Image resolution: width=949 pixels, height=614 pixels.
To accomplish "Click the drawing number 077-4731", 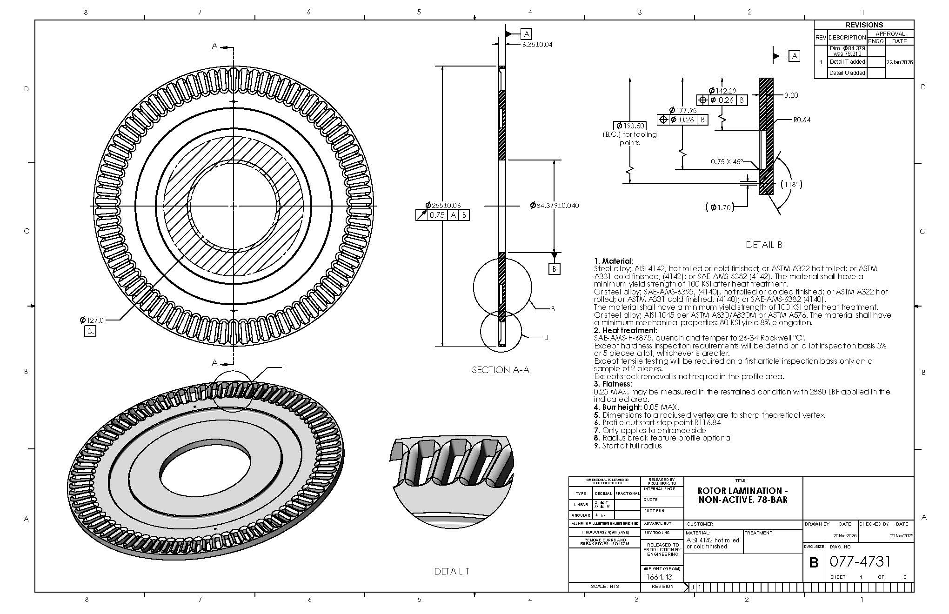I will point(860,561).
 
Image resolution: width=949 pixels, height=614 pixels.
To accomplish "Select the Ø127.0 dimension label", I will point(92,320).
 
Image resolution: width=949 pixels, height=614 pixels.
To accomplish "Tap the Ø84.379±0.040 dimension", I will point(555,206).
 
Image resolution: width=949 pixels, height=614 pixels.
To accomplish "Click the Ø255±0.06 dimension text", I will point(443,206).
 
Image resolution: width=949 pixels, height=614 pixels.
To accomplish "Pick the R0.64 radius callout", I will point(802,120).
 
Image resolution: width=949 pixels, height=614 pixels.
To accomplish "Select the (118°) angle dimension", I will point(791,184).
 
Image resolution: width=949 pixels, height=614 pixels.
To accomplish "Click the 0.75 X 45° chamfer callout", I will point(726,162).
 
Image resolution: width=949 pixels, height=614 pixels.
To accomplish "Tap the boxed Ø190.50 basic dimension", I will point(630,126).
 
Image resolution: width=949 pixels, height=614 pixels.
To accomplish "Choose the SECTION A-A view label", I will point(500,370).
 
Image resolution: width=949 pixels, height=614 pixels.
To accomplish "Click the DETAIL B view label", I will point(764,245).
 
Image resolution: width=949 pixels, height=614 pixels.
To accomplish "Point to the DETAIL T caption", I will point(451,571).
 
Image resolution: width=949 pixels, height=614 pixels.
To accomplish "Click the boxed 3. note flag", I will point(90,332).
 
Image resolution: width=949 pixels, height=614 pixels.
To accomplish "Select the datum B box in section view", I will point(554,269).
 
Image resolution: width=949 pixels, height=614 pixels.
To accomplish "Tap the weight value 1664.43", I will point(659,577).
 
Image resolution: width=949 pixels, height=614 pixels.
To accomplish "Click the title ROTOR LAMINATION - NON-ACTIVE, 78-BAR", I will point(743,495).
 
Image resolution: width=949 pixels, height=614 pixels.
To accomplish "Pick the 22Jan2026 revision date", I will point(900,62).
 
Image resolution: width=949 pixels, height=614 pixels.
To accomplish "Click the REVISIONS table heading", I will point(864,25).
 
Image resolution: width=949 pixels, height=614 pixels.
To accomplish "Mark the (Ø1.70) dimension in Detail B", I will point(720,207).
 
